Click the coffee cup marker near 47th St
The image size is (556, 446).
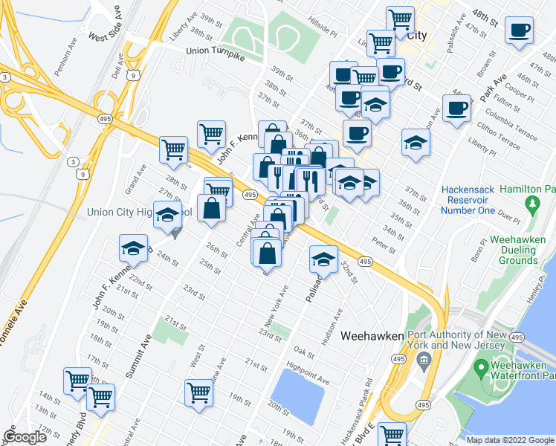click(519, 30)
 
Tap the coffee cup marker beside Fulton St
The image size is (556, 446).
click(456, 108)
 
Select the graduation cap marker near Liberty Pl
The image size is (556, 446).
click(415, 143)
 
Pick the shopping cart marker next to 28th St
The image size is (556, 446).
click(173, 149)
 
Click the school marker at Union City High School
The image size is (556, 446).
click(167, 215)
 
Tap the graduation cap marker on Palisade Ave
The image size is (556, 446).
click(323, 259)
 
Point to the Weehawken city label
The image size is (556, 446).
click(372, 337)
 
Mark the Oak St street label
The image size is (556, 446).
click(303, 351)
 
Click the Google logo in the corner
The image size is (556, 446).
click(25, 438)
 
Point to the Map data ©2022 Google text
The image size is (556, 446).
click(510, 440)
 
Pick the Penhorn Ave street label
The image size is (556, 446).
click(71, 56)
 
